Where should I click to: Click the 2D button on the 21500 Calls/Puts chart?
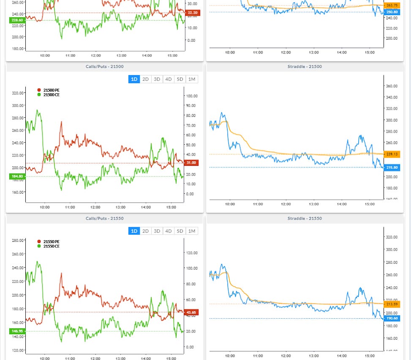click(x=146, y=79)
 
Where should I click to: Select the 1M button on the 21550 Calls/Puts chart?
click(x=192, y=231)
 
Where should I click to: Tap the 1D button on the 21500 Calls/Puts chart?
click(x=134, y=79)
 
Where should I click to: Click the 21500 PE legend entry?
click(x=49, y=90)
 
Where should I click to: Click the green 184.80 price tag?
click(x=17, y=176)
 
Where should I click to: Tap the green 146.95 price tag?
click(x=17, y=331)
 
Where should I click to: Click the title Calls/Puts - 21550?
click(x=104, y=219)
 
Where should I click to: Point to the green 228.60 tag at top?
click(x=17, y=20)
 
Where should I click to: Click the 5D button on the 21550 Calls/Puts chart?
click(x=180, y=231)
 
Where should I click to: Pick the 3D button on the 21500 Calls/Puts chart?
click(x=157, y=79)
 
